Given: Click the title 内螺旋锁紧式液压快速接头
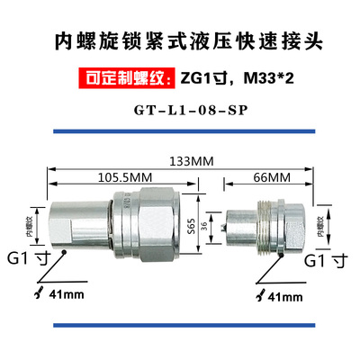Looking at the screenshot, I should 180,42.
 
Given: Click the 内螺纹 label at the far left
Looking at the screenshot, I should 30,219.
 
